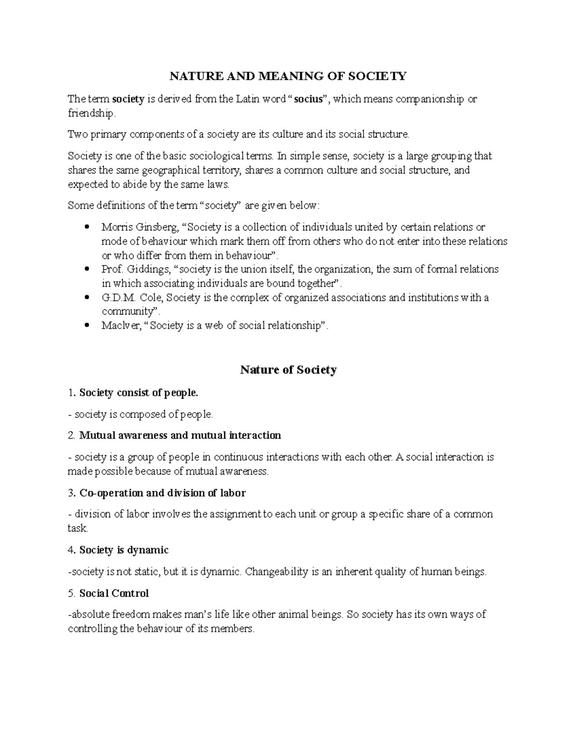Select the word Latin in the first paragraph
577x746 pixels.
click(248, 99)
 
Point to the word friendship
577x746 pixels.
click(91, 113)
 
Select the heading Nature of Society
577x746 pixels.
click(288, 370)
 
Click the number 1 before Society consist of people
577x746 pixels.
click(71, 393)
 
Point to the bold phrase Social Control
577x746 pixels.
click(114, 593)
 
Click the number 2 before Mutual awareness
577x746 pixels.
click(71, 436)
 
